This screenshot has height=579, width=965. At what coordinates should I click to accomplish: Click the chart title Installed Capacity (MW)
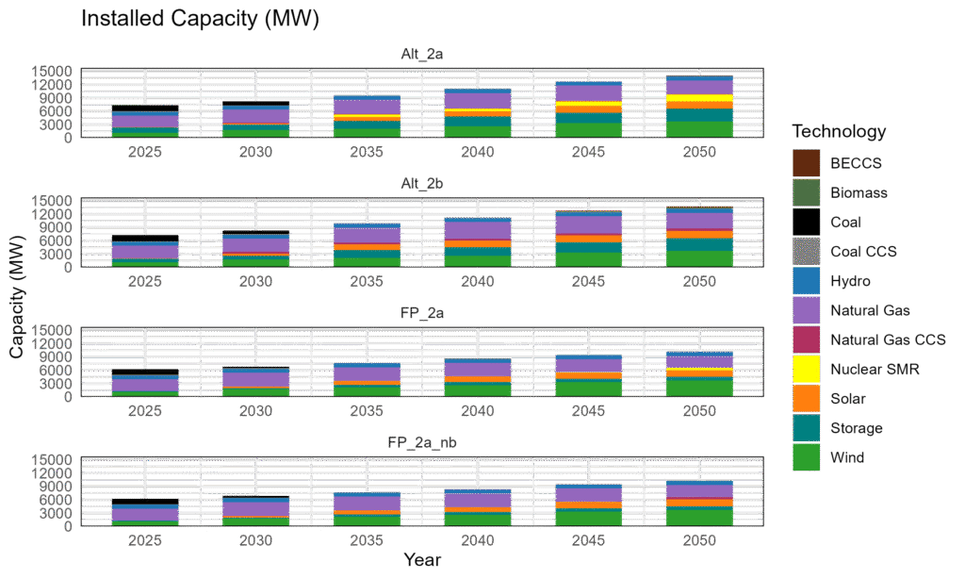coord(200,18)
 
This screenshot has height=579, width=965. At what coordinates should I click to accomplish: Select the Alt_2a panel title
coord(420,55)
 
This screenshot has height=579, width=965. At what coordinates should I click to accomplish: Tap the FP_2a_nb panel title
coord(420,442)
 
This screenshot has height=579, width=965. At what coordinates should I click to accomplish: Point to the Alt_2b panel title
coord(420,184)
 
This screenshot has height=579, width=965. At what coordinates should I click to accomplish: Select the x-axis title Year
coord(421,560)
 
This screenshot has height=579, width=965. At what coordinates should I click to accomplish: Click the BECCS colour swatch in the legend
coord(806,162)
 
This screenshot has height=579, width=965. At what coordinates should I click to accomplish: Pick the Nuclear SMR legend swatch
coord(806,369)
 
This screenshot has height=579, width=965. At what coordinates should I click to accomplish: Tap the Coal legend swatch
coord(806,222)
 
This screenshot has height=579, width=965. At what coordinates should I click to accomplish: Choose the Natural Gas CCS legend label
coord(888,339)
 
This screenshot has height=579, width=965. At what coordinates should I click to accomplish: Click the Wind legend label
coord(847,458)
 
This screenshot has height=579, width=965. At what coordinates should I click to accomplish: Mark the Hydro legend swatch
coord(806,281)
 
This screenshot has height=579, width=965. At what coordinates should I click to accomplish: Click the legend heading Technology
coord(839,131)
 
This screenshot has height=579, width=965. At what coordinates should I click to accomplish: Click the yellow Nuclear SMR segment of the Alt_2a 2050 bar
coord(699,98)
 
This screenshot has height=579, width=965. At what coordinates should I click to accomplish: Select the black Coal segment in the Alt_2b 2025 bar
coord(145,238)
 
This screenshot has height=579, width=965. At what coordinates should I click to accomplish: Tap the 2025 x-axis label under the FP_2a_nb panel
coord(145,540)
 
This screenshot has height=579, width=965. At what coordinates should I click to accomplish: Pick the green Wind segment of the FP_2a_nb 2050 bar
coord(699,517)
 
